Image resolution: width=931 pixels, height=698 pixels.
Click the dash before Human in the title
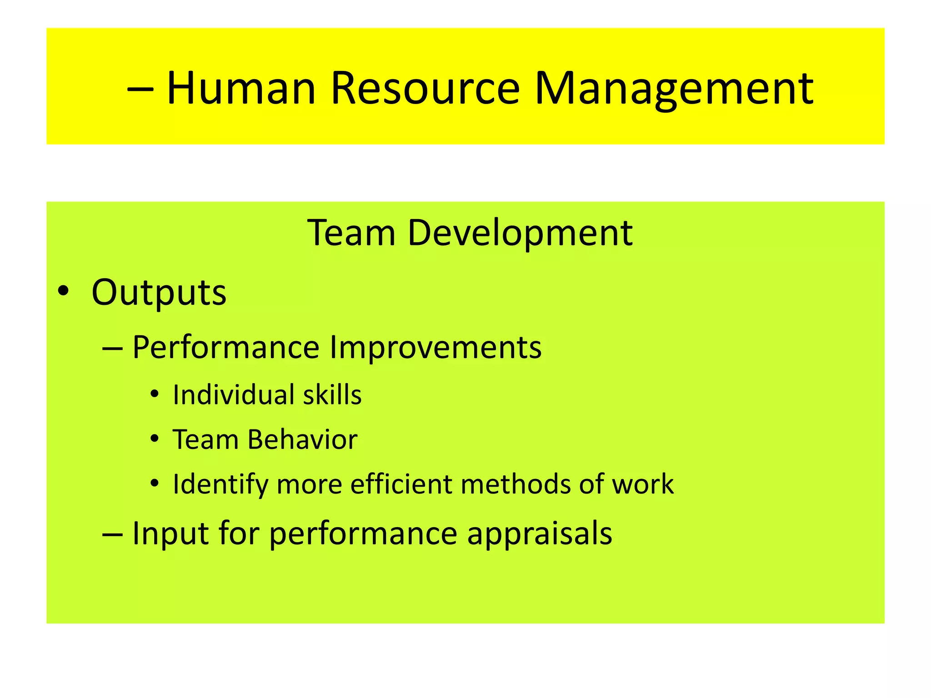140,89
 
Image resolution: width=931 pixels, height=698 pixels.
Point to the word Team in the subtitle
351,233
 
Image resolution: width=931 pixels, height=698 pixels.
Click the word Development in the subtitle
520,233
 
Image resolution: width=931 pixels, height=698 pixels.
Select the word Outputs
159,292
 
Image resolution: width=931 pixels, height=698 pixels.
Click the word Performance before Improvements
226,348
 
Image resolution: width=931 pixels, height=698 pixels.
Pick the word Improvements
435,348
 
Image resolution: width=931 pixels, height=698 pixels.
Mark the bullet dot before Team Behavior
155,439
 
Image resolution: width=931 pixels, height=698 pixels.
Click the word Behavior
302,439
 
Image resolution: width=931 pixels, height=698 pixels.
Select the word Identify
220,484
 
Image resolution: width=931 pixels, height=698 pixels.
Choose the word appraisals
540,534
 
